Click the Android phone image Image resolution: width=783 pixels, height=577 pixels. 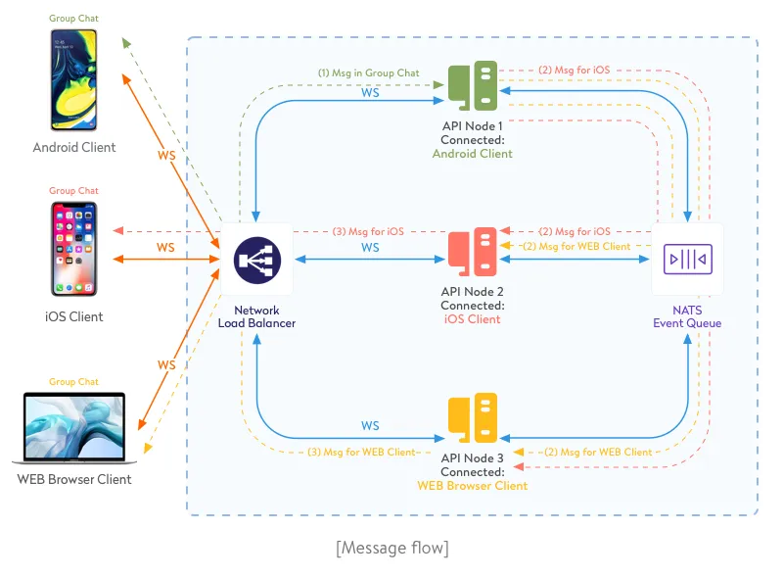pyautogui.click(x=75, y=80)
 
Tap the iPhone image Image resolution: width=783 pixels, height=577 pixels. pyautogui.click(x=75, y=250)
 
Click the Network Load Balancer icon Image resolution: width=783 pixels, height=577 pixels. pyautogui.click(x=257, y=260)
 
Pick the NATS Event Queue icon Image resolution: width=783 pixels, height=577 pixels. pyautogui.click(x=688, y=260)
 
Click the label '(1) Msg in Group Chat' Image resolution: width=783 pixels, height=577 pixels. pyautogui.click(x=369, y=72)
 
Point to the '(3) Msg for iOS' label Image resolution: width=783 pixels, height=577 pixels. pyautogui.click(x=368, y=232)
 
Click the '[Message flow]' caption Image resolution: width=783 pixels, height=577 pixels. pyautogui.click(x=391, y=548)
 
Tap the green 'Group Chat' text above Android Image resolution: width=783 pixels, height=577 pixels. pyautogui.click(x=74, y=19)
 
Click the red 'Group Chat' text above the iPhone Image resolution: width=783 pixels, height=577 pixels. pyautogui.click(x=74, y=191)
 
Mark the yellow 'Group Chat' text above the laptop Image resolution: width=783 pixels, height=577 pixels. pyautogui.click(x=74, y=382)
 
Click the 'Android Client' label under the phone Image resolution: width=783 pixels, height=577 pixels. pyautogui.click(x=74, y=148)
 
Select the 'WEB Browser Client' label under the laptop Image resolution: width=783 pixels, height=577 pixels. pyautogui.click(x=74, y=480)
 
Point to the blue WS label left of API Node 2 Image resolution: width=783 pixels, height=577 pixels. pyautogui.click(x=370, y=249)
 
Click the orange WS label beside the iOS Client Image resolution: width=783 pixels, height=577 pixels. pyautogui.click(x=165, y=248)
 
